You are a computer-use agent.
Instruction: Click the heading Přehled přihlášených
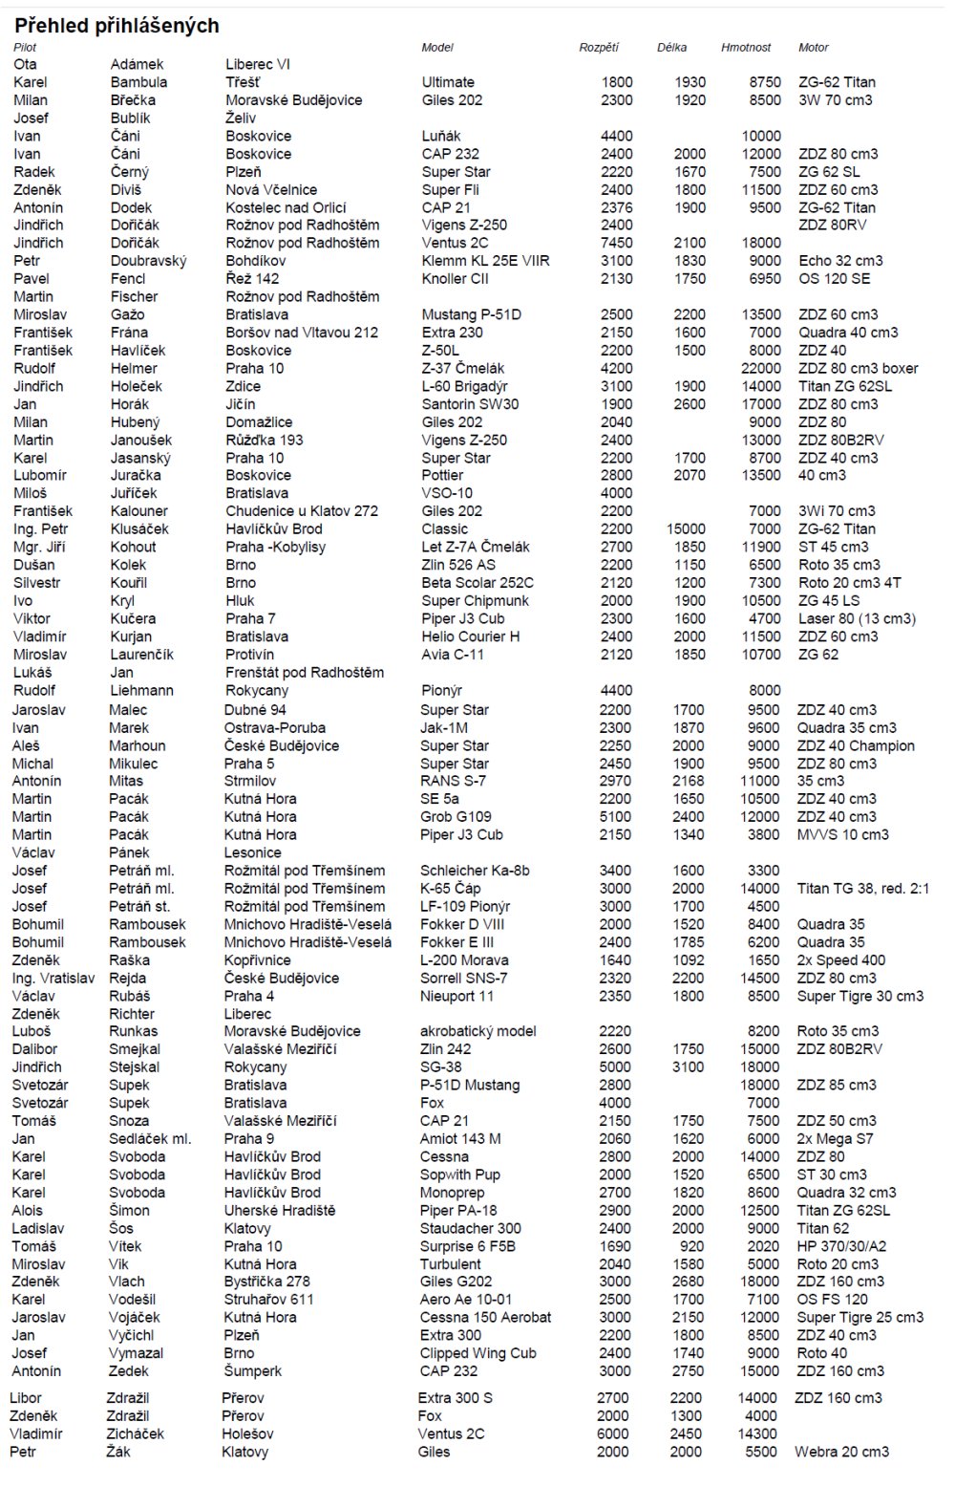click(x=117, y=26)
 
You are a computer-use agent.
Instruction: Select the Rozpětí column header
click(x=599, y=47)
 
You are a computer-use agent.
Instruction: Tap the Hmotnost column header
click(x=746, y=47)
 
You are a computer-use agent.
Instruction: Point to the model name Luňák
click(x=441, y=136)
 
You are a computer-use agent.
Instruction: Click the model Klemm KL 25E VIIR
click(x=485, y=261)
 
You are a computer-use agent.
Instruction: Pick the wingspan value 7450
click(x=616, y=243)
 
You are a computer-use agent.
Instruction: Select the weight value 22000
click(x=760, y=368)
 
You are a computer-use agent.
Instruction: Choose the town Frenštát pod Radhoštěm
click(x=305, y=672)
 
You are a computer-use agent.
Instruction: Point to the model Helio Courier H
click(x=471, y=636)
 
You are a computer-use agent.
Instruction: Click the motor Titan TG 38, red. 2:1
click(x=862, y=889)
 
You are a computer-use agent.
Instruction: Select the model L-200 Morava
click(x=464, y=960)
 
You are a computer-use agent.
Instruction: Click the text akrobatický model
click(x=477, y=1031)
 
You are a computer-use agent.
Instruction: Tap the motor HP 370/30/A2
click(x=841, y=1246)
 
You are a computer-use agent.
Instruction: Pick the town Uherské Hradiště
click(x=280, y=1211)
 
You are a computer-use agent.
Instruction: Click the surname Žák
click(x=118, y=1452)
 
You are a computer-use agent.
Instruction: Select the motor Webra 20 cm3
click(x=841, y=1452)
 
